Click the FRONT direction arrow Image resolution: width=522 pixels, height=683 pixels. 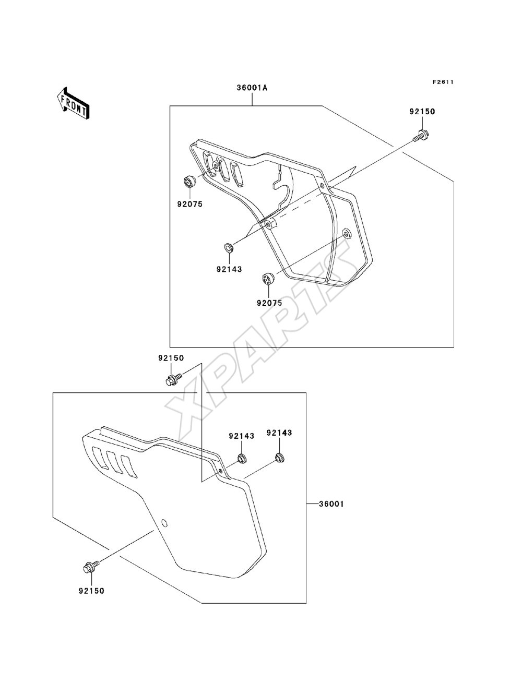tap(73, 103)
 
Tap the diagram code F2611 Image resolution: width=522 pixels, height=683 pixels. tap(443, 82)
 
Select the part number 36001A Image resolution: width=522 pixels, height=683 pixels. tap(252, 88)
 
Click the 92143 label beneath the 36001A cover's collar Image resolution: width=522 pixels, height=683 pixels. tap(229, 269)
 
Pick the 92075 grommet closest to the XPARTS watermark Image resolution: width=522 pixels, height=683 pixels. tap(268, 278)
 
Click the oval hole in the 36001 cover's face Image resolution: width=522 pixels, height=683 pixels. tap(164, 523)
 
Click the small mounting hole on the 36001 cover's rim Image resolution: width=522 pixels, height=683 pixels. tap(220, 471)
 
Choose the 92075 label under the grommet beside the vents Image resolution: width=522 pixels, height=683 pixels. tap(190, 204)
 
